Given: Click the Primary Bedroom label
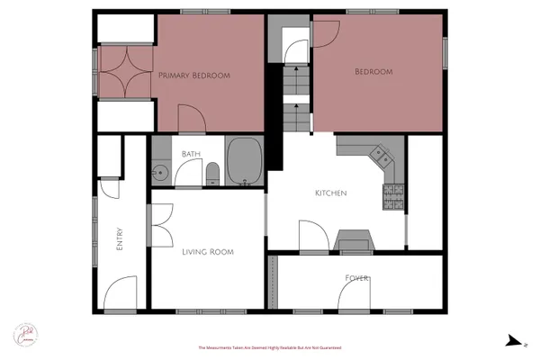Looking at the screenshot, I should click(x=194, y=76).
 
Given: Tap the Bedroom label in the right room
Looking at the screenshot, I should click(x=373, y=72).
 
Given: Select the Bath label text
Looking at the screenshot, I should click(x=191, y=154).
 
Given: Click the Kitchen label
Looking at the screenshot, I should click(x=330, y=193).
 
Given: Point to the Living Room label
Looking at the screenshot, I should click(x=208, y=252).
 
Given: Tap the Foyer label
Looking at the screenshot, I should click(x=357, y=278).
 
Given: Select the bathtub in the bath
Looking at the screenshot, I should click(x=244, y=162).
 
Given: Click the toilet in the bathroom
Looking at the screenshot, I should click(x=212, y=173).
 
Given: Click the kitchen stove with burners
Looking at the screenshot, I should click(x=393, y=197).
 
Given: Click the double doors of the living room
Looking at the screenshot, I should click(x=161, y=224).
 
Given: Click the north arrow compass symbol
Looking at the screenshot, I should click(x=513, y=340).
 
